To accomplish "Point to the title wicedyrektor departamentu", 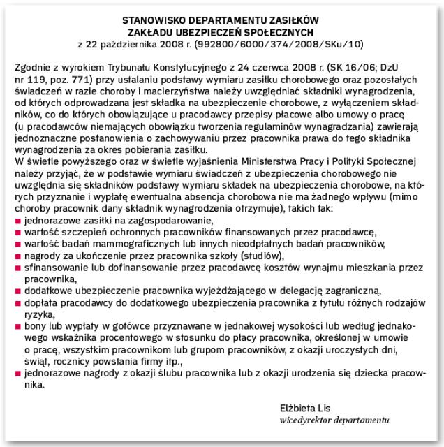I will click(x=332, y=419).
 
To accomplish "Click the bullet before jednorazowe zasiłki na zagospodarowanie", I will click(x=17, y=220).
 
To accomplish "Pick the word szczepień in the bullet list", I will click(x=75, y=232).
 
